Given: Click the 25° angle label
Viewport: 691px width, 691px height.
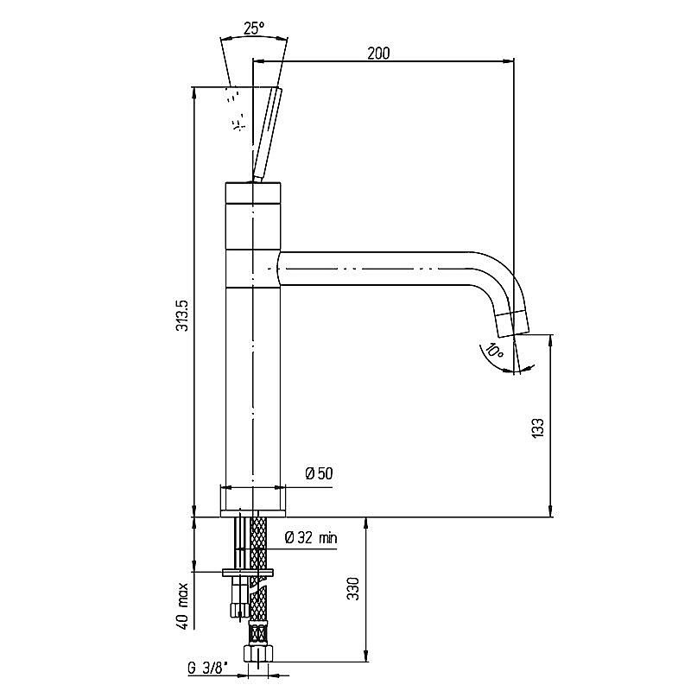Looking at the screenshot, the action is click(254, 29).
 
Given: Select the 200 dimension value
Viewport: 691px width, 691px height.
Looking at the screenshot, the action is click(378, 54).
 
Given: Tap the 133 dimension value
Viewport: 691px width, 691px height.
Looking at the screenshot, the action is click(538, 427).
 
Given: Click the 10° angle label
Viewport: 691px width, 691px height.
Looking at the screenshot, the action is click(494, 352).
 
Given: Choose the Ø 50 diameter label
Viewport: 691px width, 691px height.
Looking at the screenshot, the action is click(319, 473).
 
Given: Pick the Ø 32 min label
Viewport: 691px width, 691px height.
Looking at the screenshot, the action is click(311, 537).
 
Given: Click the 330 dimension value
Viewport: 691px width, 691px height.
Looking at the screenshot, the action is click(353, 589).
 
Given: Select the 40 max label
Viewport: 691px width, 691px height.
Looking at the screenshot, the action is click(182, 606).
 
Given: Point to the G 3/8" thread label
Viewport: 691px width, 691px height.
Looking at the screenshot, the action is click(208, 669).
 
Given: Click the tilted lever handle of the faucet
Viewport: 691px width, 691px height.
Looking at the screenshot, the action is click(266, 134).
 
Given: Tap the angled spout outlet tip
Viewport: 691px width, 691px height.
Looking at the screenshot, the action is click(511, 324).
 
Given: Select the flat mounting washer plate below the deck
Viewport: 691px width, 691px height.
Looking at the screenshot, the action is click(248, 573).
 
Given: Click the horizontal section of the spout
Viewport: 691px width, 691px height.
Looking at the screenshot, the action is click(375, 269).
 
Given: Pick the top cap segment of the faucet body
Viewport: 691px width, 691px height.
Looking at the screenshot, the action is click(253, 193).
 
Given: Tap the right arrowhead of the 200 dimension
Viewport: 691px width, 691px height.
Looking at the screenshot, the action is click(509, 61).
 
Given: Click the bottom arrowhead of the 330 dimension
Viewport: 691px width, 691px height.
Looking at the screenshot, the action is click(365, 656).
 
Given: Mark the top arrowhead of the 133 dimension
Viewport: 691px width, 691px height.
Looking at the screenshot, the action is click(550, 340).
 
